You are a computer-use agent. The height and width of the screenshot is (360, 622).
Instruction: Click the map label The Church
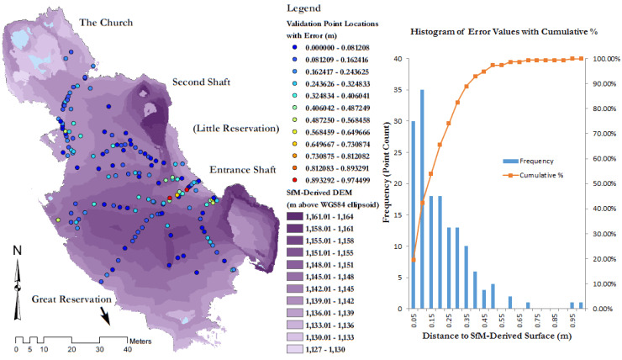105,21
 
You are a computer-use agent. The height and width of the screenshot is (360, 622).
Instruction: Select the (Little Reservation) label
235,129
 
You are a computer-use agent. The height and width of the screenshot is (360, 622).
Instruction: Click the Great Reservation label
71,299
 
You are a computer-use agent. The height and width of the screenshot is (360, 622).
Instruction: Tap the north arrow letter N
18,250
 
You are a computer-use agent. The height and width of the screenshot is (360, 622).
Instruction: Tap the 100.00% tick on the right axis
604,59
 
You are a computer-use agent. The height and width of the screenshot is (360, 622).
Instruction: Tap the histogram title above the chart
493,31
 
